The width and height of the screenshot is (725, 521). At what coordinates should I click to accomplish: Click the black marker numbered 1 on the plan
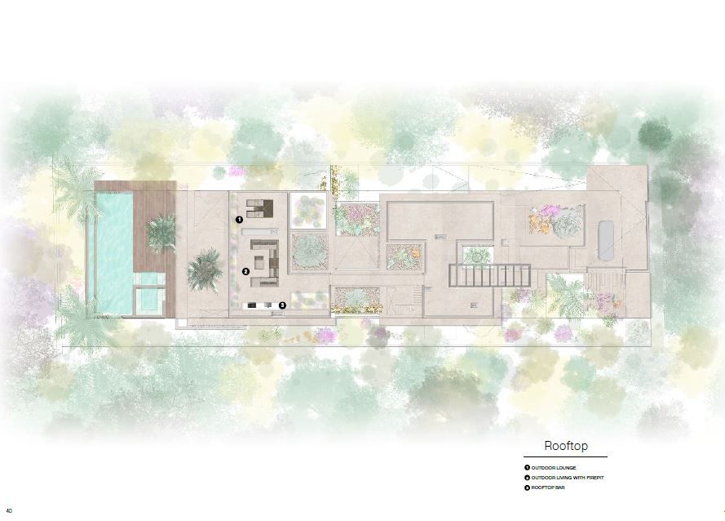(x=239, y=219)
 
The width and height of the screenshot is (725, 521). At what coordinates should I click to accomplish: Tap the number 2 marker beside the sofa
(x=245, y=271)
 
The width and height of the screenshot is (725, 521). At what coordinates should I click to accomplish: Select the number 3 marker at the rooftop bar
(x=282, y=305)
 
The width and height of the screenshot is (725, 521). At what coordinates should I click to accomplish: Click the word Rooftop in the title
(x=566, y=446)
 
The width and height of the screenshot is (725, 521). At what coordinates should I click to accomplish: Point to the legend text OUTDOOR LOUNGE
(x=554, y=468)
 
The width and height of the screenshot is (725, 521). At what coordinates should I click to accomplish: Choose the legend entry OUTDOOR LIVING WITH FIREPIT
(x=568, y=478)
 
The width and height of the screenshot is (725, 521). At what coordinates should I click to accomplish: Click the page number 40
(x=9, y=511)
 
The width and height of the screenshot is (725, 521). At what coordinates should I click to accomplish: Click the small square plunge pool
(x=151, y=300)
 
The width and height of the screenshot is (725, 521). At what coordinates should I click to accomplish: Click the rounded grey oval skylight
(x=606, y=241)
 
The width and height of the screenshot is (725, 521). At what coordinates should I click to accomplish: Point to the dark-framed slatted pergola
(x=489, y=275)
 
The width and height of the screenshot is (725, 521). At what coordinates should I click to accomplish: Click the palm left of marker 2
(x=204, y=270)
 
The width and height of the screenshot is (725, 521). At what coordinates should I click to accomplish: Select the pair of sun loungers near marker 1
(x=259, y=208)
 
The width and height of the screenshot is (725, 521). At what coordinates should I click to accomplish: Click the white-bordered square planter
(x=308, y=210)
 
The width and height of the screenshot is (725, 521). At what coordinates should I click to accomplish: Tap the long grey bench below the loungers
(x=260, y=230)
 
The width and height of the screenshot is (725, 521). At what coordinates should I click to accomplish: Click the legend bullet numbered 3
(x=527, y=488)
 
